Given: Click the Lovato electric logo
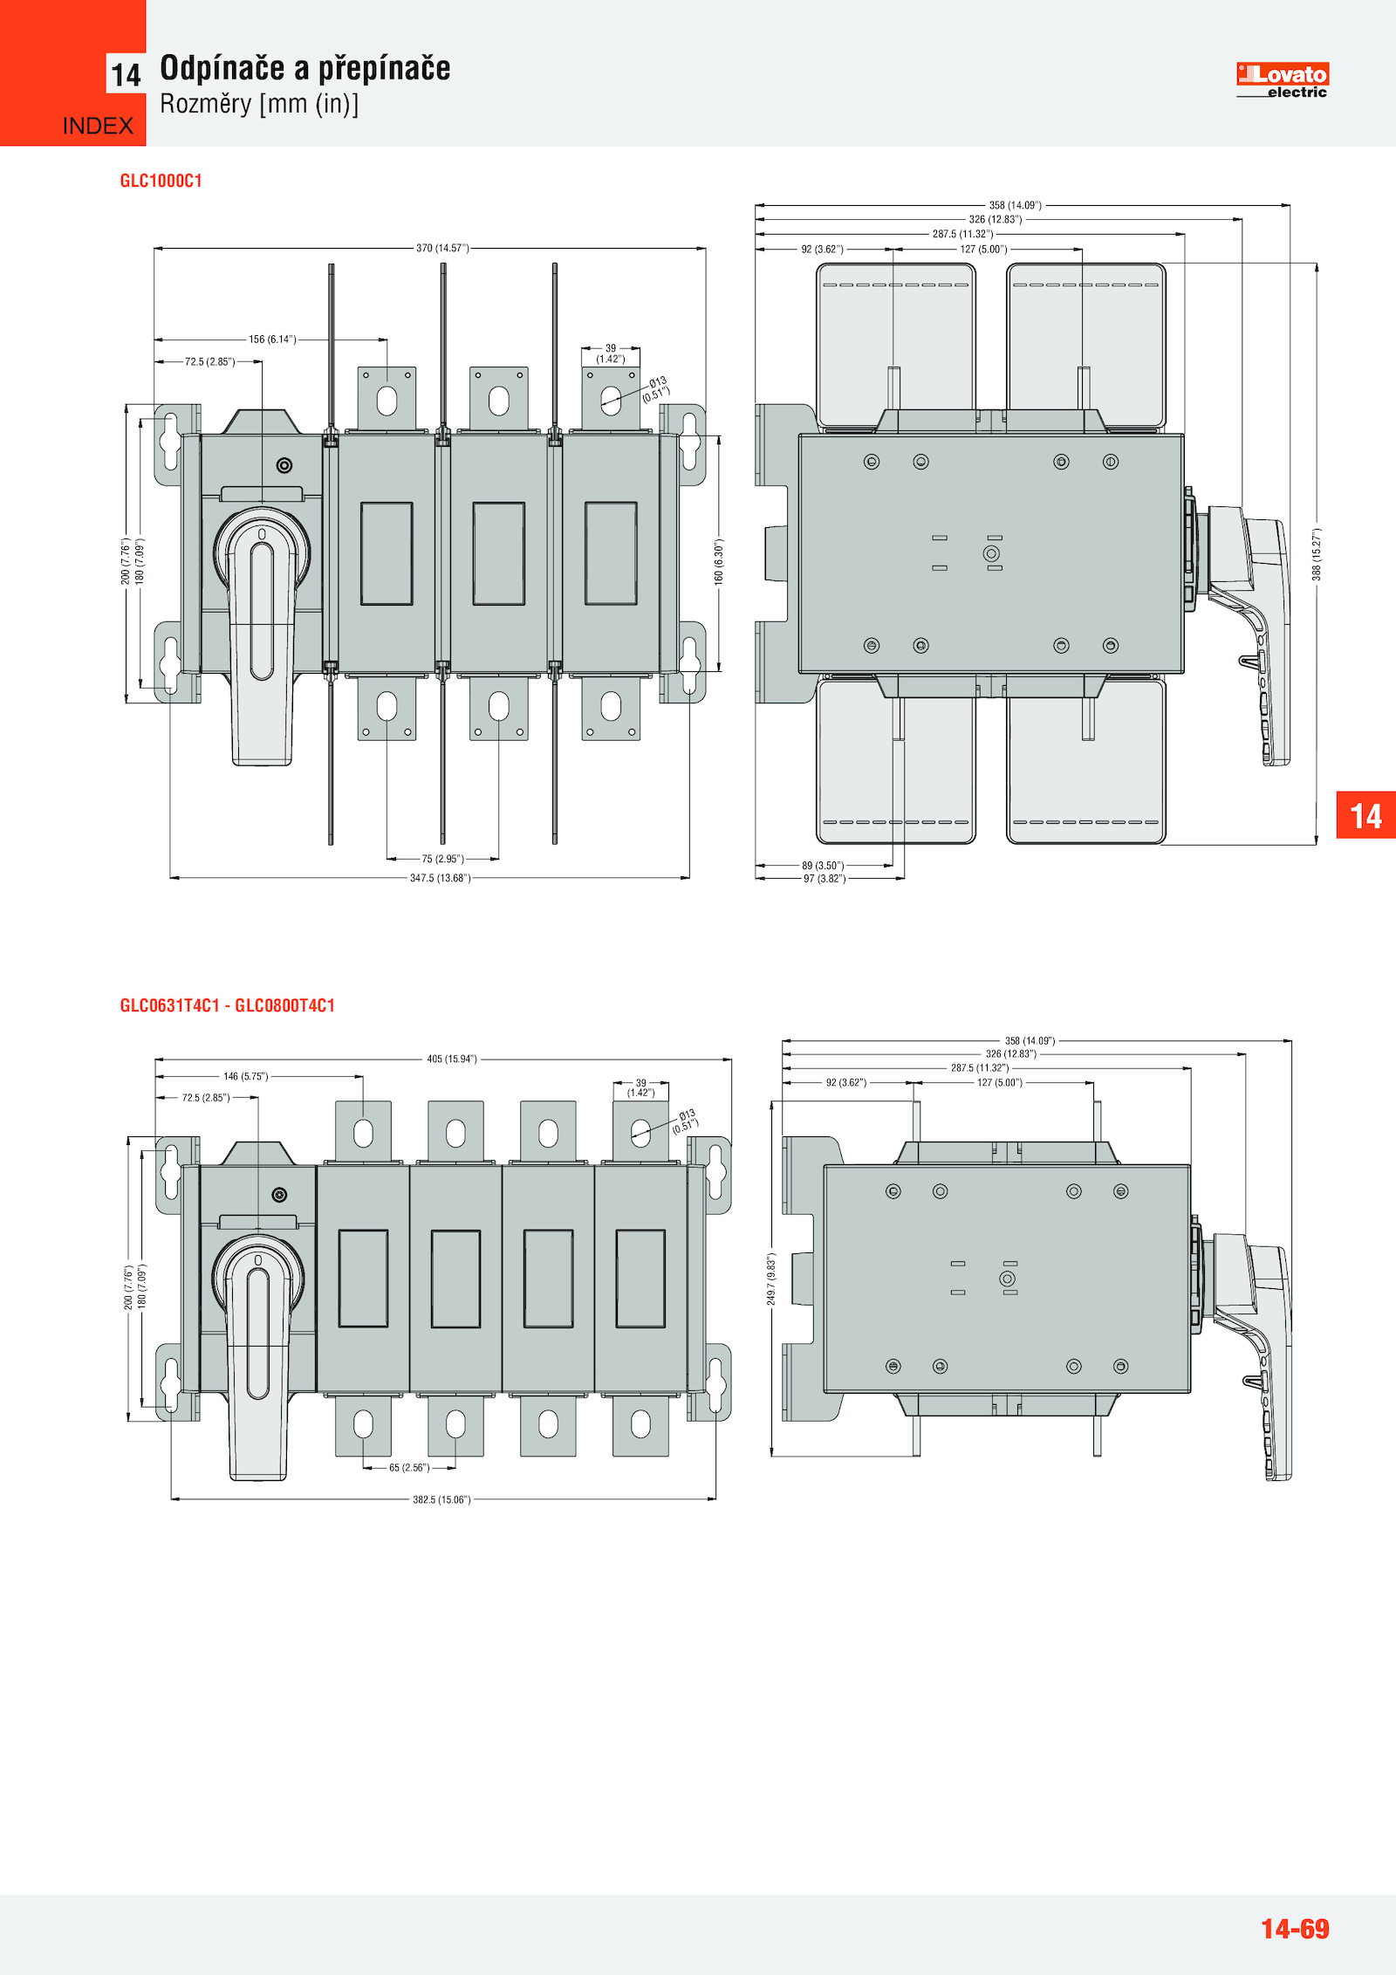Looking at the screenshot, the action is pyautogui.click(x=1282, y=80).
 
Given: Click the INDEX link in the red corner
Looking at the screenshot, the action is pyautogui.click(x=98, y=126).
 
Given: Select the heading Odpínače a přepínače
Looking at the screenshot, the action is pyautogui.click(x=305, y=68).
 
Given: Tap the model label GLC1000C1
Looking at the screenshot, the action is pyautogui.click(x=161, y=181).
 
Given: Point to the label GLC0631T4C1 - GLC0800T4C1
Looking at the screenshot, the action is pyautogui.click(x=228, y=1005).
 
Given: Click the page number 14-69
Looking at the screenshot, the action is pyautogui.click(x=1295, y=1929).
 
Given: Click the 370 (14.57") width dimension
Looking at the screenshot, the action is pyautogui.click(x=442, y=249).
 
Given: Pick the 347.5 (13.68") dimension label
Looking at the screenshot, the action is pyautogui.click(x=441, y=878).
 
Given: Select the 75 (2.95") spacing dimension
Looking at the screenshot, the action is pyautogui.click(x=443, y=859).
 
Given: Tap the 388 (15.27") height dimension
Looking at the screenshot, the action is pyautogui.click(x=1317, y=554).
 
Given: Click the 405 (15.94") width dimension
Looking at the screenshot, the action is pyautogui.click(x=452, y=1060).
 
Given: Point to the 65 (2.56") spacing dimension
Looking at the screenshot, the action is pyautogui.click(x=409, y=1468).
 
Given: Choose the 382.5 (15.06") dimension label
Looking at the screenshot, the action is pyautogui.click(x=441, y=1499).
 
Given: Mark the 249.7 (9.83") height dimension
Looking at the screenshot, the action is pyautogui.click(x=771, y=1279).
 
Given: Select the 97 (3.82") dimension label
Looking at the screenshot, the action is pyautogui.click(x=825, y=879).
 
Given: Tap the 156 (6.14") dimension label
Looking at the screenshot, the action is pyautogui.click(x=272, y=339).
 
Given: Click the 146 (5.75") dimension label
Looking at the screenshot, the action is pyautogui.click(x=246, y=1077).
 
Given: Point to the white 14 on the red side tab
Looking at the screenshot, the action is pyautogui.click(x=1365, y=816).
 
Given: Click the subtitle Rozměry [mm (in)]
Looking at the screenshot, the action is pyautogui.click(x=259, y=104).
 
